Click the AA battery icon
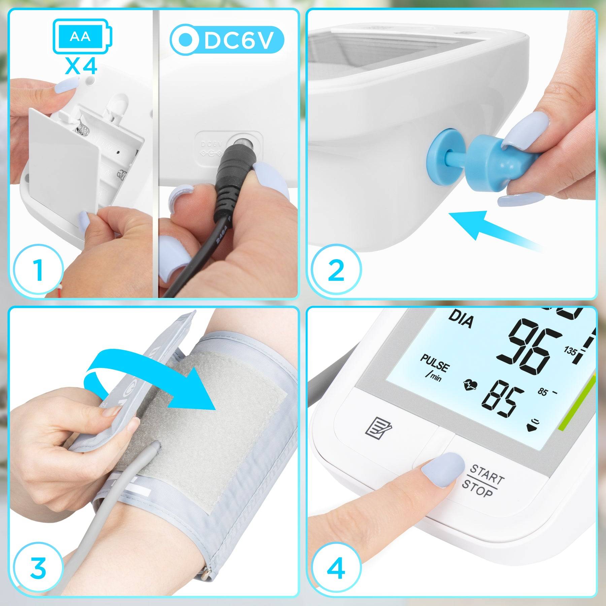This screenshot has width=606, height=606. click(x=82, y=36)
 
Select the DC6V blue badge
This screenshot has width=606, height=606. click(x=227, y=40)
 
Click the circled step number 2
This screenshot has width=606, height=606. click(x=336, y=270)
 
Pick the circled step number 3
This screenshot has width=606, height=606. click(x=38, y=568)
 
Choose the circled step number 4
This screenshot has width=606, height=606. click(x=336, y=568)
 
